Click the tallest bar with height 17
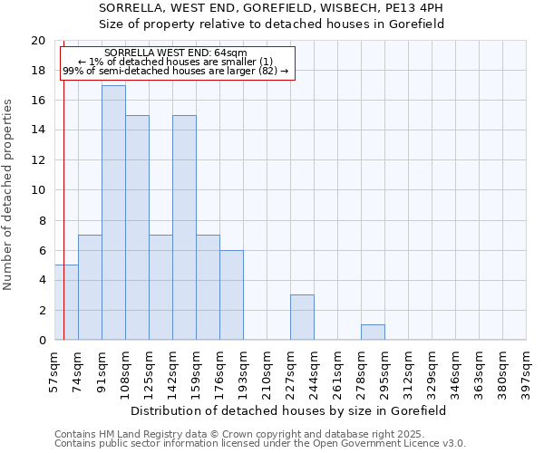113,213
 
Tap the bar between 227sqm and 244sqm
302,317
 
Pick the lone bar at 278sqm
373,333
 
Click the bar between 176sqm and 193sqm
231,295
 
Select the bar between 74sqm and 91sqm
90,287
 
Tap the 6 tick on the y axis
41,250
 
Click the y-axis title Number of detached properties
9,195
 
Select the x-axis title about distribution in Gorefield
289,410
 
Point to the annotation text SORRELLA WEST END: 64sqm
176,53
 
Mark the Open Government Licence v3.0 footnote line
260,444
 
